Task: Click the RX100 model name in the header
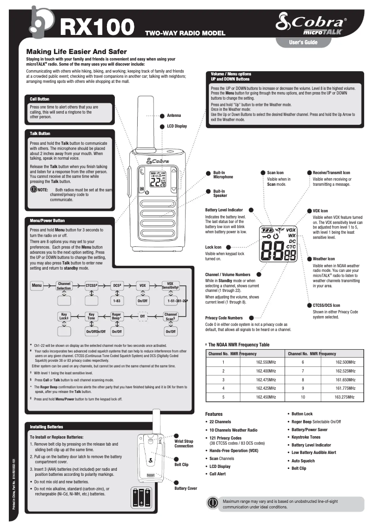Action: click(97, 27)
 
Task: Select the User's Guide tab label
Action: click(303, 43)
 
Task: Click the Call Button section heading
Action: click(40, 99)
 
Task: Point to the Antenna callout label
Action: click(174, 115)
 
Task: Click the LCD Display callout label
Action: click(177, 126)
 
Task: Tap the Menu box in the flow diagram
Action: click(37, 284)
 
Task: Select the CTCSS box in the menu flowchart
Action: click(92, 284)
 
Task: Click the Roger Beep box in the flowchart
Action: click(116, 317)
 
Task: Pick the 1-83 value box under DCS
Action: click(116, 301)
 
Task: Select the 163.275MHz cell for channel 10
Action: click(345, 397)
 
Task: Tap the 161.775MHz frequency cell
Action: click(345, 388)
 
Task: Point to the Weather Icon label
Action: click(324, 259)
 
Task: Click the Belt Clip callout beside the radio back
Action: click(181, 465)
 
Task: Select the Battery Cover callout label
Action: click(186, 488)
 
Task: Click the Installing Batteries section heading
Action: click(46, 427)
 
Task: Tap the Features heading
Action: click(214, 414)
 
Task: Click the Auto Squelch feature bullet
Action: click(303, 461)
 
